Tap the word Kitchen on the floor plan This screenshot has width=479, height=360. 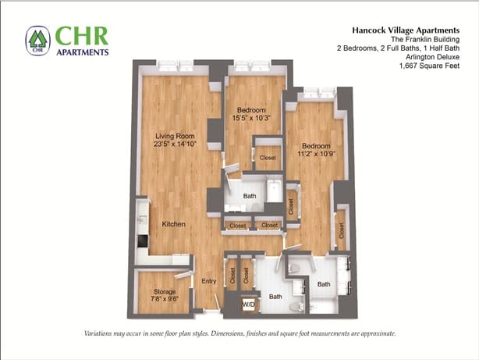tap(173, 224)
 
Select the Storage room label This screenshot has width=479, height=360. tap(164, 291)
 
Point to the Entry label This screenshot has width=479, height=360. tap(208, 281)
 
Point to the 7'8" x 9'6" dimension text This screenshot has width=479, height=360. tap(164, 299)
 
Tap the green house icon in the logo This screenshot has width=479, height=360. tap(37, 41)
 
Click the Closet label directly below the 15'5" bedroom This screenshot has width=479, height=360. tap(268, 158)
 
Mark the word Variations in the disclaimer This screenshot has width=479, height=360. tap(103, 333)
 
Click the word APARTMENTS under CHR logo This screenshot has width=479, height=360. tap(81, 52)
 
